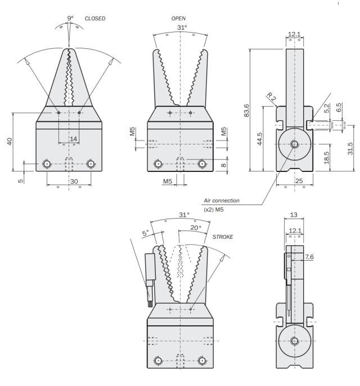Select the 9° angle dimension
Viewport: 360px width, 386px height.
tap(70, 19)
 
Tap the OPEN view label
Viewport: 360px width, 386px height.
tap(179, 19)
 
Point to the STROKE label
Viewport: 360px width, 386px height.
tap(223, 237)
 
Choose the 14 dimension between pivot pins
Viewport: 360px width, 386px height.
tap(73, 138)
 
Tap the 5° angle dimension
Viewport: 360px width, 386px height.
tap(145, 233)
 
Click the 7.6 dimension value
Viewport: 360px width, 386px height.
tap(308, 257)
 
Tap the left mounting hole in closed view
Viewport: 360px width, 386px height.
tap(47, 164)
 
